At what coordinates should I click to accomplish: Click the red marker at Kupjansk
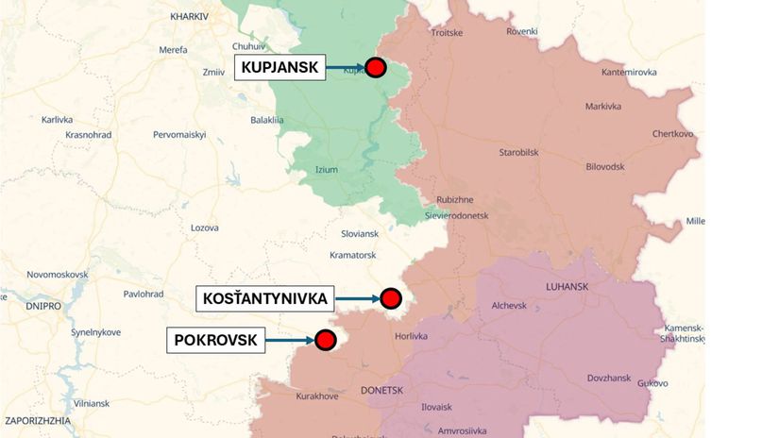376,67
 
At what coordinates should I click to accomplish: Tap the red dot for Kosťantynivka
391,299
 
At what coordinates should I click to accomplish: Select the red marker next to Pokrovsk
326,340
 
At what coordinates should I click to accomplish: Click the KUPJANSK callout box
279,67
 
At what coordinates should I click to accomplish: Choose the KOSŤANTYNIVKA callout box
265,299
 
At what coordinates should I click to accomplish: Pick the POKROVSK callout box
215,340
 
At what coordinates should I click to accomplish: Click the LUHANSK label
567,286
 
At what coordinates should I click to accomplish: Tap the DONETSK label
381,390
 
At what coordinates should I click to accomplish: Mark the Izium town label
326,170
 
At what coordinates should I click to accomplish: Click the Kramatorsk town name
353,255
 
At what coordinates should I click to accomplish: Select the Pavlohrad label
144,294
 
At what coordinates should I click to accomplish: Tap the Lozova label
205,227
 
